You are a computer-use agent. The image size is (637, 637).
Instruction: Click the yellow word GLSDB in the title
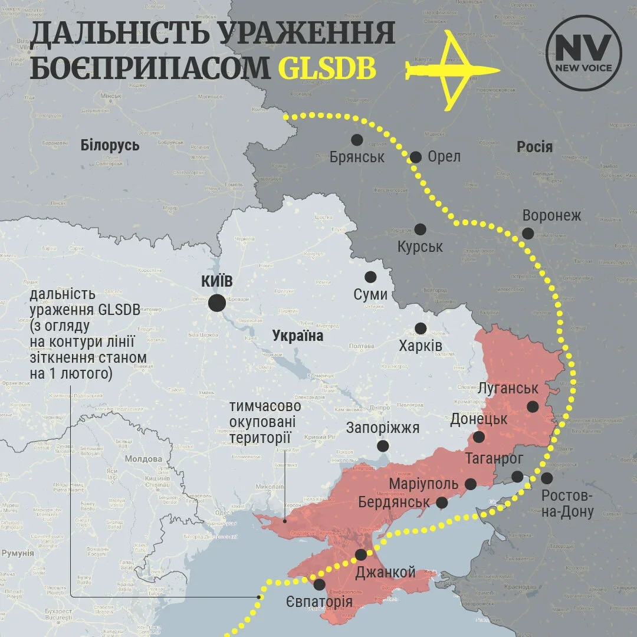point(327,68)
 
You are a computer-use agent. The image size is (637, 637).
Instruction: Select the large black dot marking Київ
point(216,303)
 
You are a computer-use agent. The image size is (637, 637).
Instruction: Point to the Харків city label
point(421,346)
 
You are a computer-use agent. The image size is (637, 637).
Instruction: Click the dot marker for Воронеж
point(528,234)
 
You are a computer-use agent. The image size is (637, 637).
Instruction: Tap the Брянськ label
point(357,157)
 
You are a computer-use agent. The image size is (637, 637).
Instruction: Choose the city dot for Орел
point(416,157)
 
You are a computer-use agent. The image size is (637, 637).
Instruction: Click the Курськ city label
point(420,247)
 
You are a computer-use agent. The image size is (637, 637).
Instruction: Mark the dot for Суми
point(370,277)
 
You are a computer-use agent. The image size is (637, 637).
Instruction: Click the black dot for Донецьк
point(479,437)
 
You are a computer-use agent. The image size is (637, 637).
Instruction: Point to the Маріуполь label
point(424,484)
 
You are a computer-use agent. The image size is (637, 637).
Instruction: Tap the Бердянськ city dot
point(442,503)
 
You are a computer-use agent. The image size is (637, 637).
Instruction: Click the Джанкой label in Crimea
point(386,572)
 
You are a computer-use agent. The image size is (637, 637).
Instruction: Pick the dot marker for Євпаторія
point(319,585)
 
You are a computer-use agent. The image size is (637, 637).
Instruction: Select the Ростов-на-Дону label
point(567,503)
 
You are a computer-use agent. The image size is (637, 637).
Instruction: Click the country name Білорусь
point(110,145)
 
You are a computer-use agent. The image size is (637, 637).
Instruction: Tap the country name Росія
point(534,146)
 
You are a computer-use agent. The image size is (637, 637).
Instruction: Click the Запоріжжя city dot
point(383,446)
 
